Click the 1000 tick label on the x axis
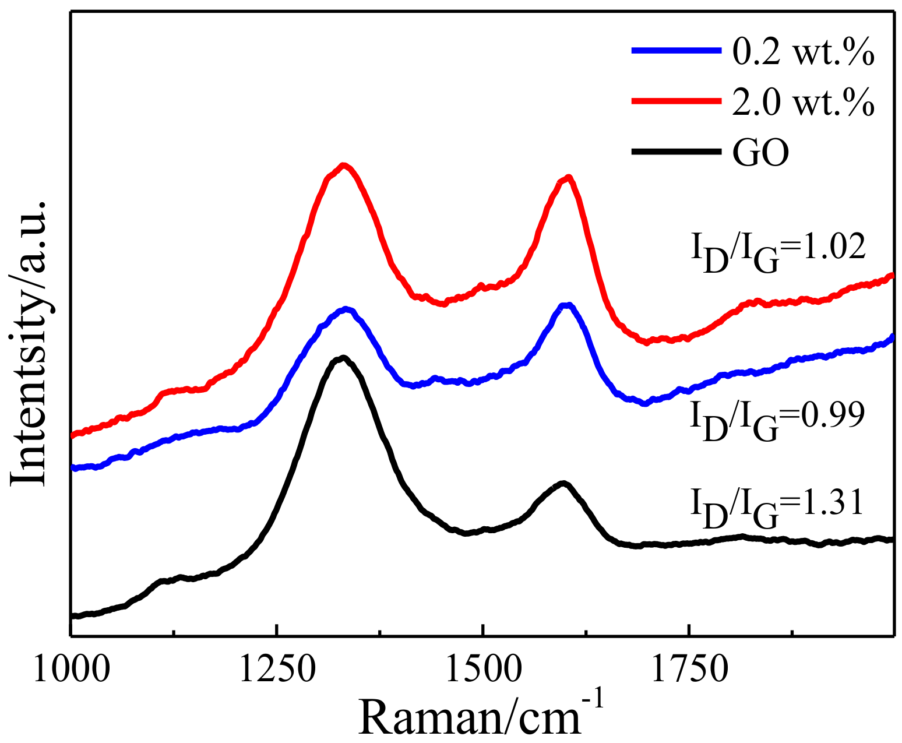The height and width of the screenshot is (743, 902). pos(71,671)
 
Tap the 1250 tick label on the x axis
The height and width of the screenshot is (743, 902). pos(277,671)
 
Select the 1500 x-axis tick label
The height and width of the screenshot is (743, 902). pos(483,671)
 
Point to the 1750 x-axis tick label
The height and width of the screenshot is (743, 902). pos(689,671)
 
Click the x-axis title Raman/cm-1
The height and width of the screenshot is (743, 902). pos(481,713)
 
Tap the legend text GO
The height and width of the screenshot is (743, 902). pos(760,153)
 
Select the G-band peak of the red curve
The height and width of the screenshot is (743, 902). pos(568,177)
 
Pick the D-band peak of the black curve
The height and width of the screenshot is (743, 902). pos(343,357)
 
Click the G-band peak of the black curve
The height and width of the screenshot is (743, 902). pos(563,483)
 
